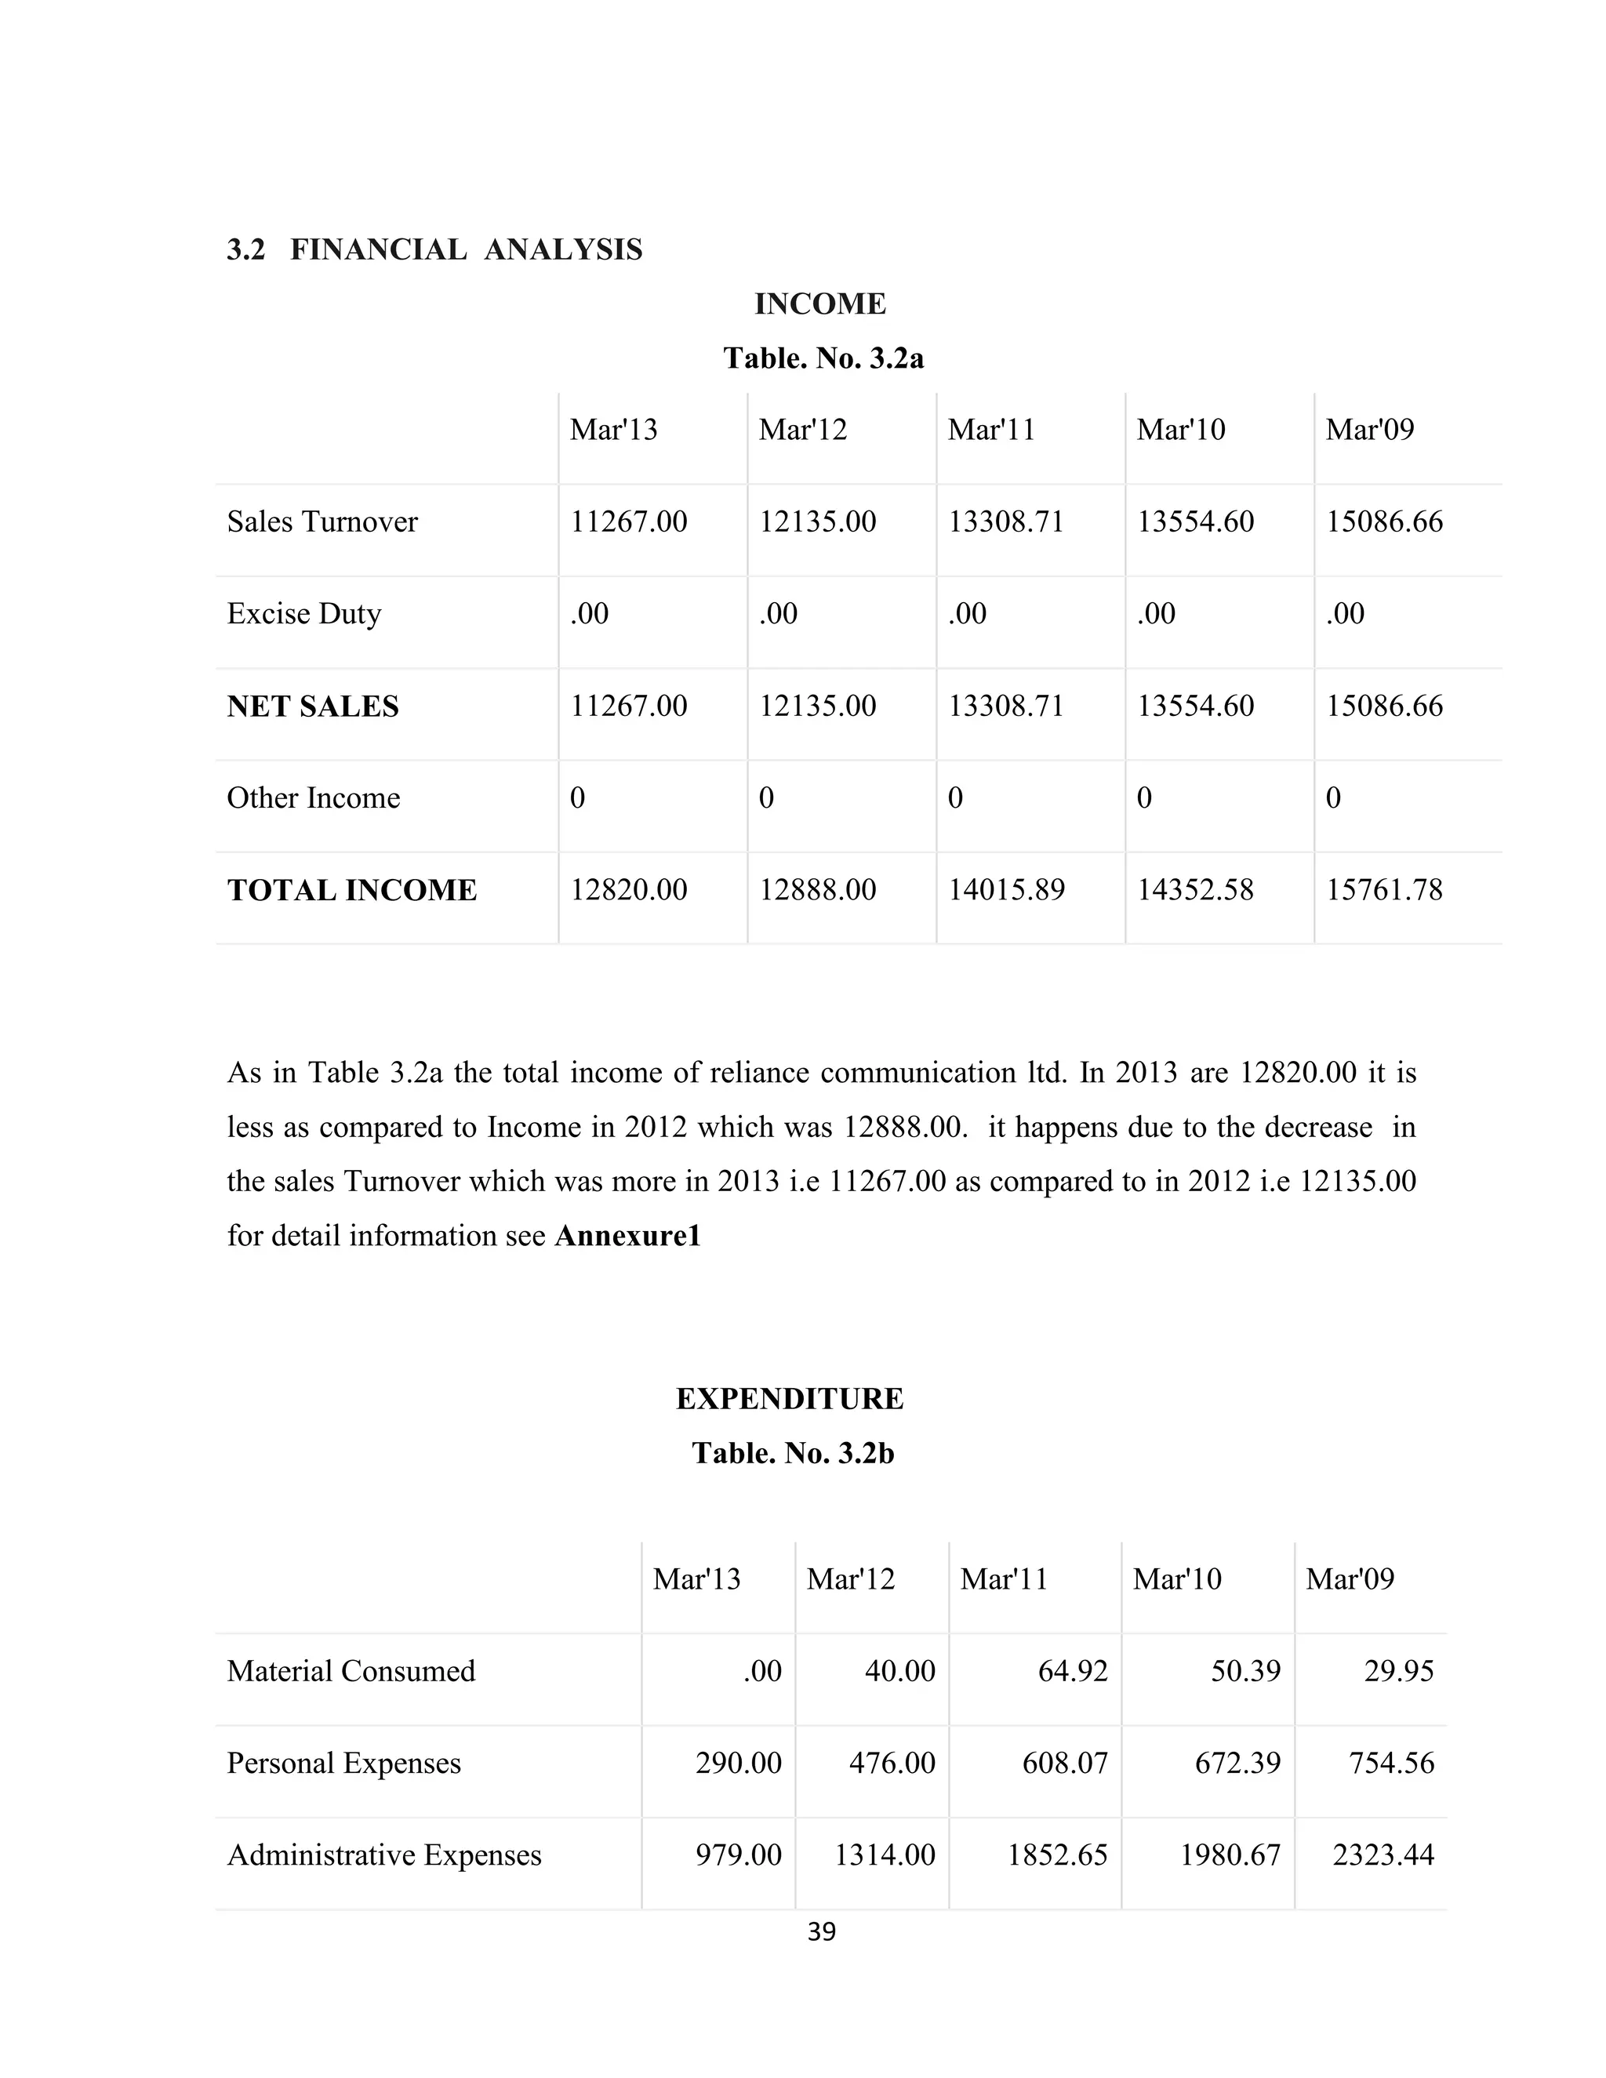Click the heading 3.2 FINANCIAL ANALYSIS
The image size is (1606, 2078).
[x=434, y=249]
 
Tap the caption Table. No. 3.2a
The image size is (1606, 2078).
[x=823, y=358]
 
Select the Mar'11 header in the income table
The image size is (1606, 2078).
[x=990, y=429]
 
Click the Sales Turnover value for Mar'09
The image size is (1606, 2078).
[x=1383, y=521]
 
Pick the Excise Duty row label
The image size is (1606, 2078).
[x=303, y=614]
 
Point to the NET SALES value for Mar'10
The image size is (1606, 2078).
[x=1195, y=706]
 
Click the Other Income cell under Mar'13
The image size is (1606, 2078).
[x=577, y=797]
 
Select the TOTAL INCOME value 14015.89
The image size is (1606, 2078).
[x=1005, y=890]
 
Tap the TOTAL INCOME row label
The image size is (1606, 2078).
[x=351, y=891]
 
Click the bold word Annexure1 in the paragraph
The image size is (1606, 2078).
[x=627, y=1236]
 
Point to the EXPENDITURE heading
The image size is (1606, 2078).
[x=790, y=1399]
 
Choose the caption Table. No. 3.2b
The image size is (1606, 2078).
[x=793, y=1453]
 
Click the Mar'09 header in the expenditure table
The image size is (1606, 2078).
[x=1349, y=1578]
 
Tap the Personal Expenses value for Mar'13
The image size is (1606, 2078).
[x=737, y=1763]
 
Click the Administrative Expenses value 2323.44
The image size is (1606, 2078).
[x=1383, y=1855]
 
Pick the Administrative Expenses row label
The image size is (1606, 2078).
[x=383, y=1855]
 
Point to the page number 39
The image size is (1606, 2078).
[x=821, y=1931]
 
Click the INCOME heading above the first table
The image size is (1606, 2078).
[x=820, y=303]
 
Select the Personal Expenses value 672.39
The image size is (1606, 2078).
[x=1237, y=1763]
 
